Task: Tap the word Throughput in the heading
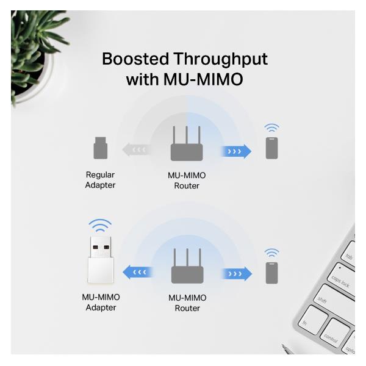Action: pyautogui.click(x=220, y=60)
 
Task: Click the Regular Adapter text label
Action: pyautogui.click(x=100, y=180)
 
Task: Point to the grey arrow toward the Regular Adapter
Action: pyautogui.click(x=135, y=149)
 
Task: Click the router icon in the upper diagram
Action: pyautogui.click(x=186, y=145)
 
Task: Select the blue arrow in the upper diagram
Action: pyautogui.click(x=237, y=151)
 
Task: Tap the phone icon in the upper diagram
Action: pyautogui.click(x=271, y=148)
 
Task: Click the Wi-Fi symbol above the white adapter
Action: pyautogui.click(x=101, y=225)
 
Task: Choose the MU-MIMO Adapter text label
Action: pyautogui.click(x=101, y=303)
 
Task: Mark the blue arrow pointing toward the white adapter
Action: pyautogui.click(x=137, y=272)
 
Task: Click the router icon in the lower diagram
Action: pyautogui.click(x=187, y=266)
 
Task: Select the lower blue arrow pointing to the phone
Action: pyautogui.click(x=237, y=273)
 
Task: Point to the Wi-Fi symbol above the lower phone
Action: pyautogui.click(x=271, y=253)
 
